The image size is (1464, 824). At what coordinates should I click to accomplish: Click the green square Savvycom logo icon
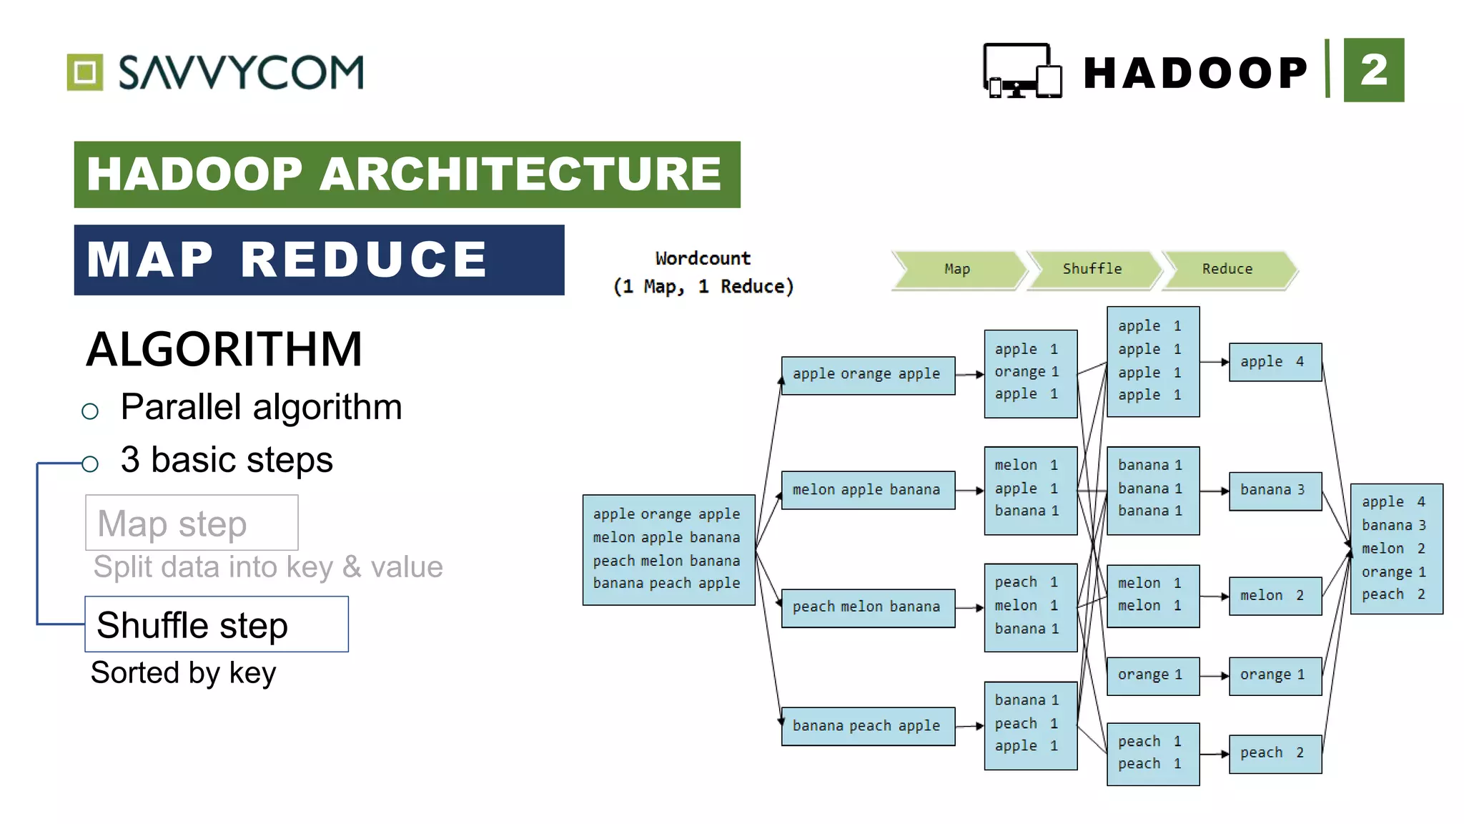tap(85, 72)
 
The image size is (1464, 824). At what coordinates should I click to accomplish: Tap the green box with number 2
tap(1373, 70)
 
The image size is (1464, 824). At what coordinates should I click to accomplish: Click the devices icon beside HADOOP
tap(1022, 71)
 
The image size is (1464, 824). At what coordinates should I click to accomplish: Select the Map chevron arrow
tap(958, 270)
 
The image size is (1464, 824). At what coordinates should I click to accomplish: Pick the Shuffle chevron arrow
tap(1092, 270)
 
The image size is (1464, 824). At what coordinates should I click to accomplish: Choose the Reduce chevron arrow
tap(1227, 270)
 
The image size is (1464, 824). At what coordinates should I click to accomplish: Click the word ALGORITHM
tap(224, 350)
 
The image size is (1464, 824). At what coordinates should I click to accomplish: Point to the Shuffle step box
tap(217, 624)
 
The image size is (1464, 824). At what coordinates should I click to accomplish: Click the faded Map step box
tap(192, 523)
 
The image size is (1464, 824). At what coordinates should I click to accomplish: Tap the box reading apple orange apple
tap(868, 375)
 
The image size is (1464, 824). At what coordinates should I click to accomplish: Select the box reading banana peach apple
tap(868, 726)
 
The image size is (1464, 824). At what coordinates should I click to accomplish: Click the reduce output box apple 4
tap(1275, 362)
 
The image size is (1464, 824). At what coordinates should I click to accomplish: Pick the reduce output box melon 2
tap(1275, 595)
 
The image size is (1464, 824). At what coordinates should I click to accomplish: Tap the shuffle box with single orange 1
tap(1152, 675)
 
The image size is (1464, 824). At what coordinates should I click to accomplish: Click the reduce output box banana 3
tap(1275, 491)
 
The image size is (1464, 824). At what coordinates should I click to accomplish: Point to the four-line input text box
tap(668, 549)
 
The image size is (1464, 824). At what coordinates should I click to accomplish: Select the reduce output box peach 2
tap(1275, 753)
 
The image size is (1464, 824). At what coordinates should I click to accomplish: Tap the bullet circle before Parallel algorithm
tap(90, 411)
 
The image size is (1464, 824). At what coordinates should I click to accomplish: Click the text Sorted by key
tap(183, 673)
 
